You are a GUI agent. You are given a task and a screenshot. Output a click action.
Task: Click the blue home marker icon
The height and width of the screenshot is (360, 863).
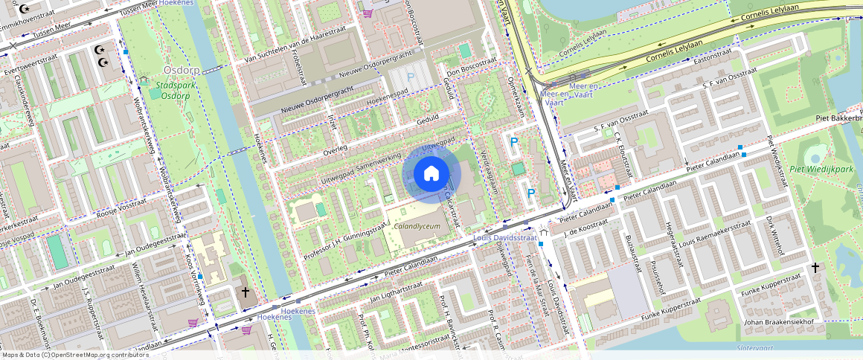pos(431,174)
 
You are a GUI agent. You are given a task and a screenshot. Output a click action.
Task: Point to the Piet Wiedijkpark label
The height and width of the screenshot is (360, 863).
pos(821,170)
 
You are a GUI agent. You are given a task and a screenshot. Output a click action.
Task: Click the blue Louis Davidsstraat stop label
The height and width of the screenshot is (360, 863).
pos(505,238)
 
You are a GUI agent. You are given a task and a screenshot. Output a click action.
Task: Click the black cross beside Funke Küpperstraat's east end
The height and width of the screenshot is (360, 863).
pos(815,268)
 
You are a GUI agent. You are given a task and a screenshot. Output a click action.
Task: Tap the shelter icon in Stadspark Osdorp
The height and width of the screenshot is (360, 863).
pos(143,80)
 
